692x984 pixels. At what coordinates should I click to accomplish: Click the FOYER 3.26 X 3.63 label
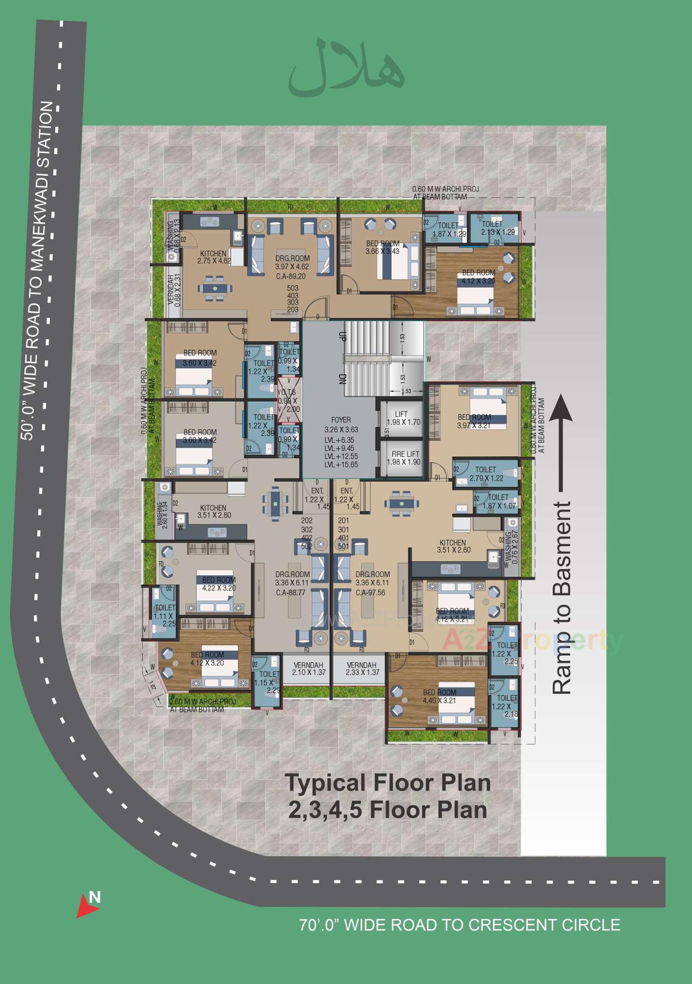341,425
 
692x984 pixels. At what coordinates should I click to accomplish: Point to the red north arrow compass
88,905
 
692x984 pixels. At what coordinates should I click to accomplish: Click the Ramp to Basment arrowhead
561,409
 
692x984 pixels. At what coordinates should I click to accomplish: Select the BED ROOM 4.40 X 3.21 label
439,696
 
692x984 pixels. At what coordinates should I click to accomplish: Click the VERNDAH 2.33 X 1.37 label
362,668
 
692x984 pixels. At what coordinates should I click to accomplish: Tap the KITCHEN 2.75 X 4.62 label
214,257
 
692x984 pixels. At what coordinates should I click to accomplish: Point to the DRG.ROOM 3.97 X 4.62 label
292,262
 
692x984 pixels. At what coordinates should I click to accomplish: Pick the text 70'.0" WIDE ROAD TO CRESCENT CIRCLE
460,925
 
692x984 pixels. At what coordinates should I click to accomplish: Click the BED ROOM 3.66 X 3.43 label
382,247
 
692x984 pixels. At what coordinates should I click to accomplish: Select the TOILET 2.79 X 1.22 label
486,473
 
